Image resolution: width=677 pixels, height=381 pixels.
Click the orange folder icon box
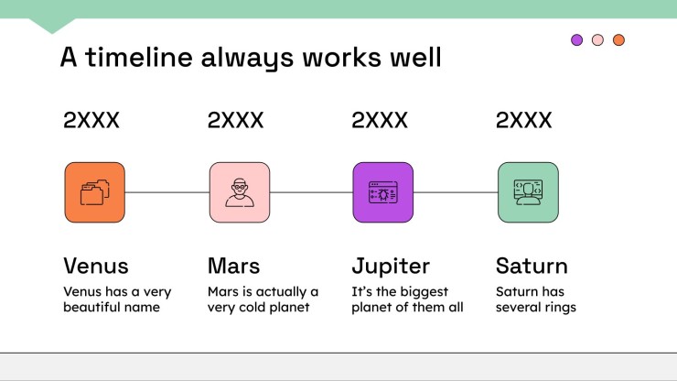click(x=94, y=192)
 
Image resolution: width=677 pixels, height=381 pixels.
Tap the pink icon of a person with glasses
click(x=240, y=192)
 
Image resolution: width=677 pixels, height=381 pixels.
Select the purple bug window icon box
click(x=383, y=192)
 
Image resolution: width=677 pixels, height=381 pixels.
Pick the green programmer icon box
click(x=528, y=192)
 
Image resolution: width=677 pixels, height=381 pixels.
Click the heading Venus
click(x=96, y=266)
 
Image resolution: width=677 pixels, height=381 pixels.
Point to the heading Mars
click(x=233, y=266)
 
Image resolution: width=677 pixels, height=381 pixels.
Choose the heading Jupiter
click(x=391, y=267)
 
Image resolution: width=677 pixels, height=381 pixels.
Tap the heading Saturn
click(x=532, y=266)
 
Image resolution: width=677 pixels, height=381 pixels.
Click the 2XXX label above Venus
click(x=91, y=120)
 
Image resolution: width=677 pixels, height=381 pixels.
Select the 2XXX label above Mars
click(x=235, y=120)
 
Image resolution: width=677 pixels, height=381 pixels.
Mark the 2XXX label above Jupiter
click(x=380, y=120)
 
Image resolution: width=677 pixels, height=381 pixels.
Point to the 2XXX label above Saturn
click(x=523, y=120)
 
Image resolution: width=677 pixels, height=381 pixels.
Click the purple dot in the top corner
click(x=577, y=39)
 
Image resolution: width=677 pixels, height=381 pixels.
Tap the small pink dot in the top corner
click(x=597, y=39)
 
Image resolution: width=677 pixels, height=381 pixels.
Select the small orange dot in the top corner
click(x=618, y=39)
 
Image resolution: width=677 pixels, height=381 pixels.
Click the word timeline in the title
click(x=138, y=57)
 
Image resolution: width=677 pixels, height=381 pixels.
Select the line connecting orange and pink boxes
click(x=167, y=192)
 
